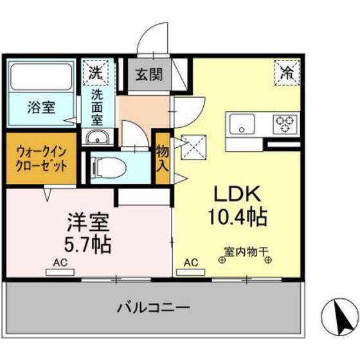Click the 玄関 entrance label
(149, 75)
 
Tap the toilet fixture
(109, 167)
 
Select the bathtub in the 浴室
(41, 77)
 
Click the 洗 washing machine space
(95, 72)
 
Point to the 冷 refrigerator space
(287, 72)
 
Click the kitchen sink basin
(242, 124)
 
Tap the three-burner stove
(285, 124)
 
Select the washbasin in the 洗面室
(98, 138)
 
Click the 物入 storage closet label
(163, 158)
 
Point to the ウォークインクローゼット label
(42, 159)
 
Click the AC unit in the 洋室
(60, 273)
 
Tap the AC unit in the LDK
(190, 273)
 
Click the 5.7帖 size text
(87, 245)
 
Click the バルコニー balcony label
(154, 307)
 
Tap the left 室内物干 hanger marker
(222, 260)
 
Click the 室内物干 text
(246, 252)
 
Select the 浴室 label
(41, 107)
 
